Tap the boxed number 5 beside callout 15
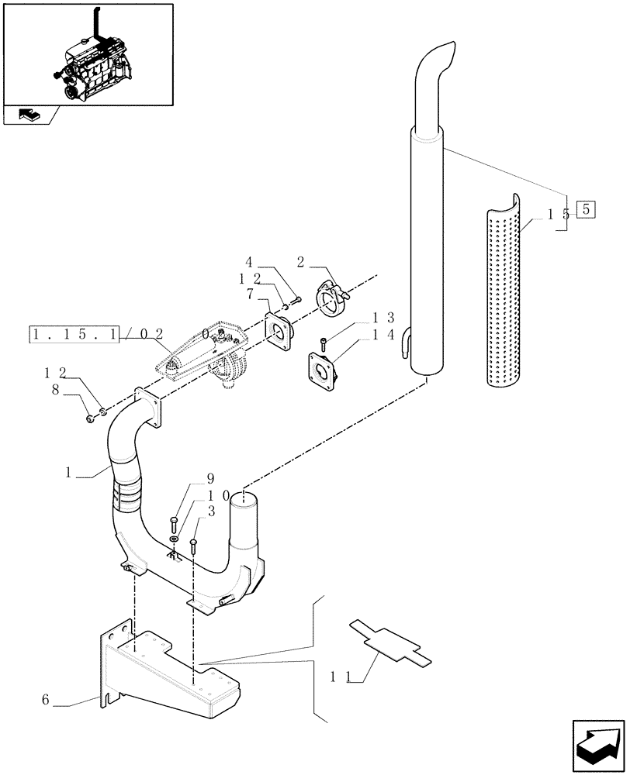tap(587, 208)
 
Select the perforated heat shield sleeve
tap(509, 291)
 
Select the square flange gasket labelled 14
tap(322, 371)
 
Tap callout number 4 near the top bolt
tap(249, 262)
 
